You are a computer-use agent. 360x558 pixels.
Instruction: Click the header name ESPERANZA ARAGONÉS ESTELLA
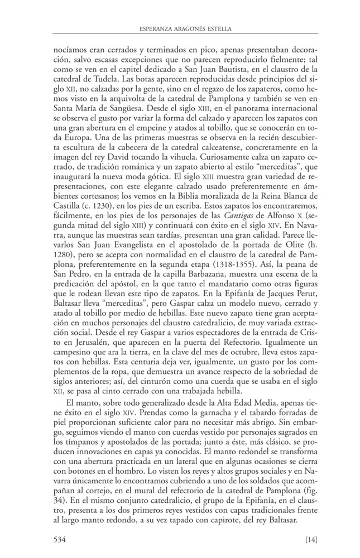(180, 28)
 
